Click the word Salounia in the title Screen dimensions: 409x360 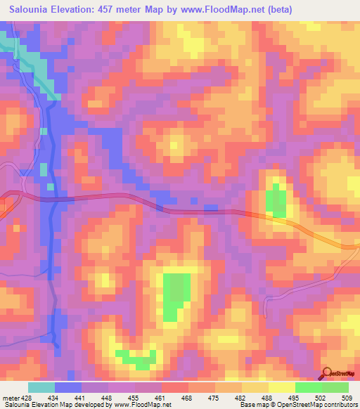point(26,9)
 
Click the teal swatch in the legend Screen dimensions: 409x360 point(41,387)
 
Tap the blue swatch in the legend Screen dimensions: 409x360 point(68,387)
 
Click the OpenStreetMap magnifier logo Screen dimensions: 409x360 point(326,374)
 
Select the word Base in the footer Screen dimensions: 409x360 point(247,405)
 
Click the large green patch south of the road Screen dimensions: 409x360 point(176,295)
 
